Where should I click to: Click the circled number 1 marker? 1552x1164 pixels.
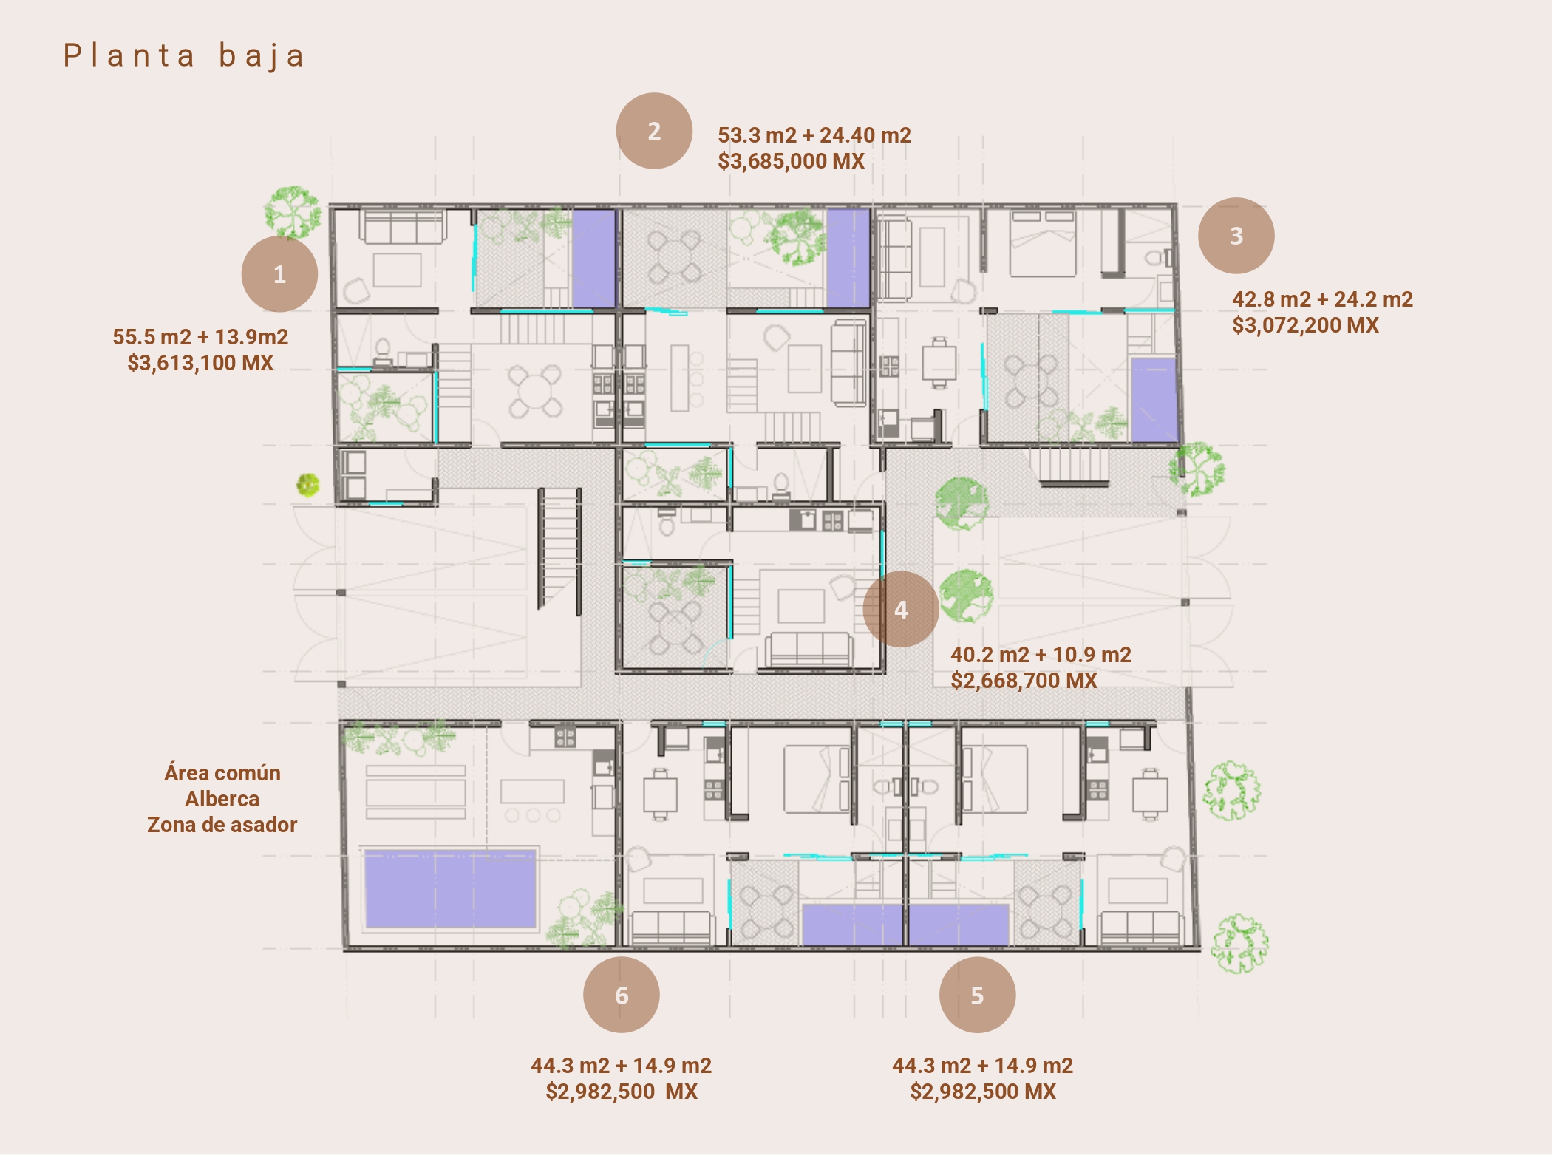click(279, 274)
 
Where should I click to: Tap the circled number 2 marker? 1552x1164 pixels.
click(654, 131)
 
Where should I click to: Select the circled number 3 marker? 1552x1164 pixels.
click(1236, 236)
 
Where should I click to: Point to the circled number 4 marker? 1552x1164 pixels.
click(901, 610)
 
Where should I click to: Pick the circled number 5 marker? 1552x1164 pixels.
click(977, 995)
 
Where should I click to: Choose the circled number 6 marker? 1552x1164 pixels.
click(622, 995)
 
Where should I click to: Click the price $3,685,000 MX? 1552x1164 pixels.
click(791, 161)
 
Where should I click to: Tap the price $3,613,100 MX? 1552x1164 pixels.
click(200, 363)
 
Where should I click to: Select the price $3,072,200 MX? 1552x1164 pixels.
click(1305, 325)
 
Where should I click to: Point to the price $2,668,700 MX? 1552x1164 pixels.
click(1024, 681)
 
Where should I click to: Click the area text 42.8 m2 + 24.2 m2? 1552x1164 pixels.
click(1322, 299)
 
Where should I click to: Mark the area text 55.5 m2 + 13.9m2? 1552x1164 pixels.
click(200, 337)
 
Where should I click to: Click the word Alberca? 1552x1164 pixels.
click(222, 799)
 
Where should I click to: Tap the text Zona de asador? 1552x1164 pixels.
click(222, 825)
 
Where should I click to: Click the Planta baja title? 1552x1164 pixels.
click(184, 56)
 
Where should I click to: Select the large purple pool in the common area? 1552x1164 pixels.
click(450, 889)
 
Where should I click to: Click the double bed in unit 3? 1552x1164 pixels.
click(1043, 244)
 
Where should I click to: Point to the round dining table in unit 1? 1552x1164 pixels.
click(535, 391)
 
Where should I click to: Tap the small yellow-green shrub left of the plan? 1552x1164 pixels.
click(307, 485)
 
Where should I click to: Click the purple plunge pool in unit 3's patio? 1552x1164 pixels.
click(1154, 401)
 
